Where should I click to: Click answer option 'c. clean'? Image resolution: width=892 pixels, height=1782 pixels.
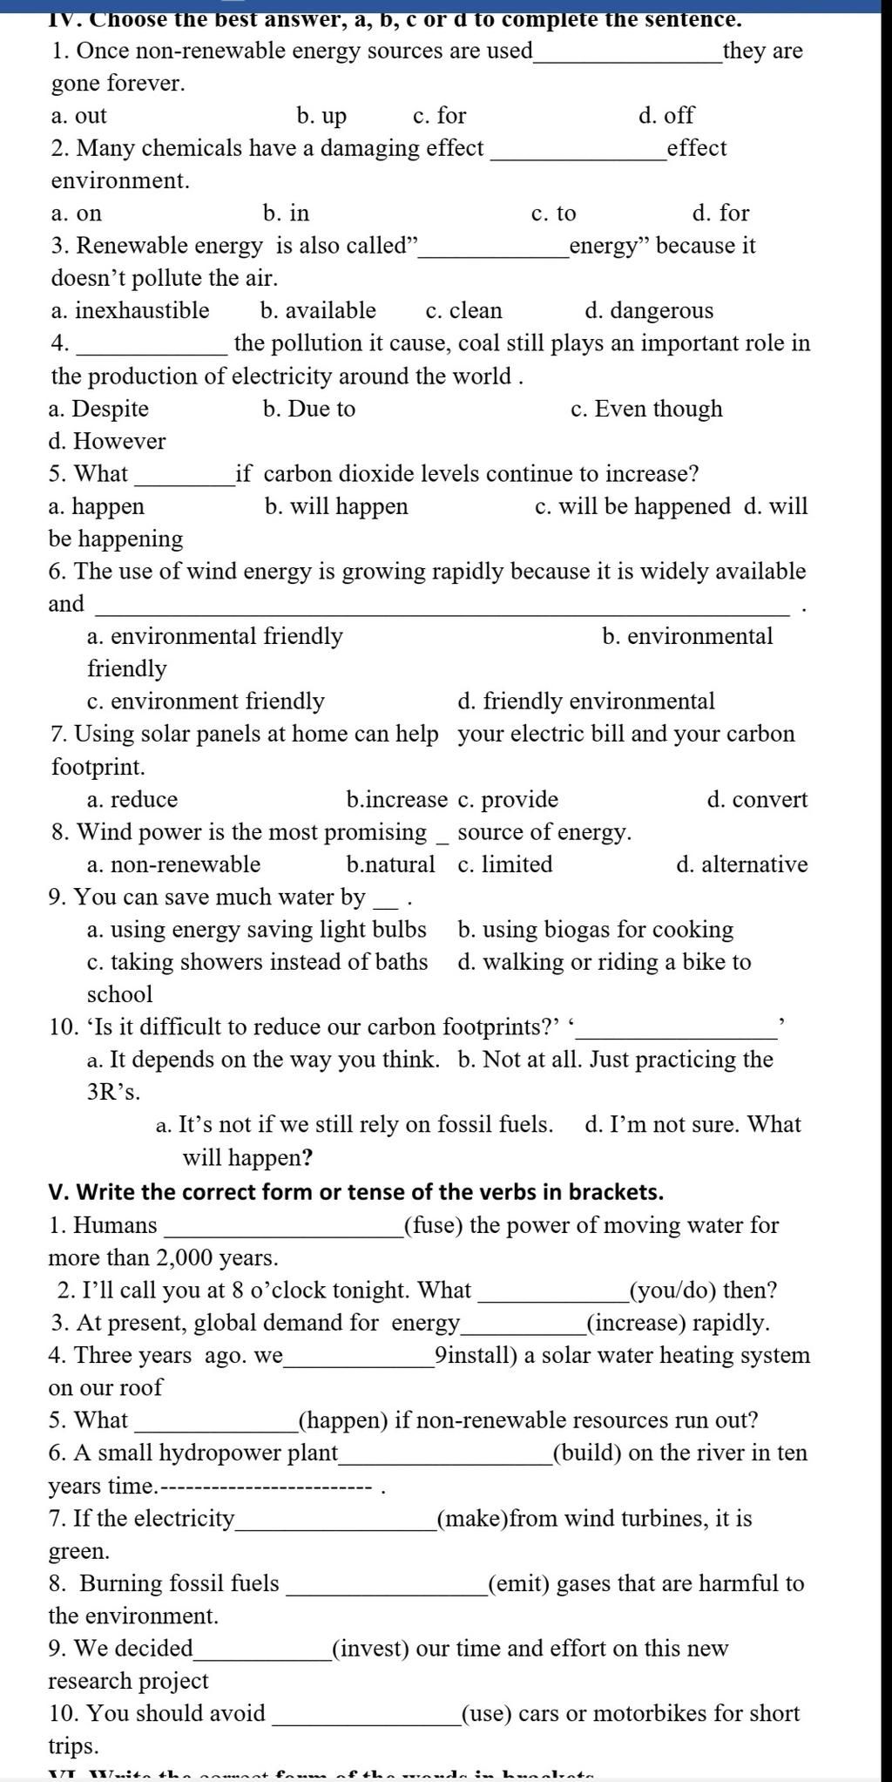tap(463, 311)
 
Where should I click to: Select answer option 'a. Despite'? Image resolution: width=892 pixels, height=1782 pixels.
tap(98, 409)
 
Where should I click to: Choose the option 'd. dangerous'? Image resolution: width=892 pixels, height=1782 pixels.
tap(648, 311)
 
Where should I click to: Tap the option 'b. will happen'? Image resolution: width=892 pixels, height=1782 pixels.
tap(335, 506)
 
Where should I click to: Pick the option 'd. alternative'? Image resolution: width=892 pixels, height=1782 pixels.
tap(741, 864)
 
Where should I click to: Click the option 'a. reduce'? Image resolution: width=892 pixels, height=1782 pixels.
tap(132, 799)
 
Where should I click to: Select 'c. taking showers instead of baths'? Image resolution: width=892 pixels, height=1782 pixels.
tap(257, 962)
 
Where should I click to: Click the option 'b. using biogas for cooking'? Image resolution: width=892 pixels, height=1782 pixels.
tap(595, 930)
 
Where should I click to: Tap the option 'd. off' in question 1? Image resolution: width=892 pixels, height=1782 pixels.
tap(666, 116)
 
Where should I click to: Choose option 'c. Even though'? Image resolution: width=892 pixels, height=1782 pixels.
tap(646, 409)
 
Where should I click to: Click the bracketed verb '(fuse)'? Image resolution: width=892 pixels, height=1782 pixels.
tap(433, 1225)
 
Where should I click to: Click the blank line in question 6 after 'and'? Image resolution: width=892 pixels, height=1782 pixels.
tap(444, 610)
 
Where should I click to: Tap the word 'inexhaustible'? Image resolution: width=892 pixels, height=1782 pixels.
tap(141, 311)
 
